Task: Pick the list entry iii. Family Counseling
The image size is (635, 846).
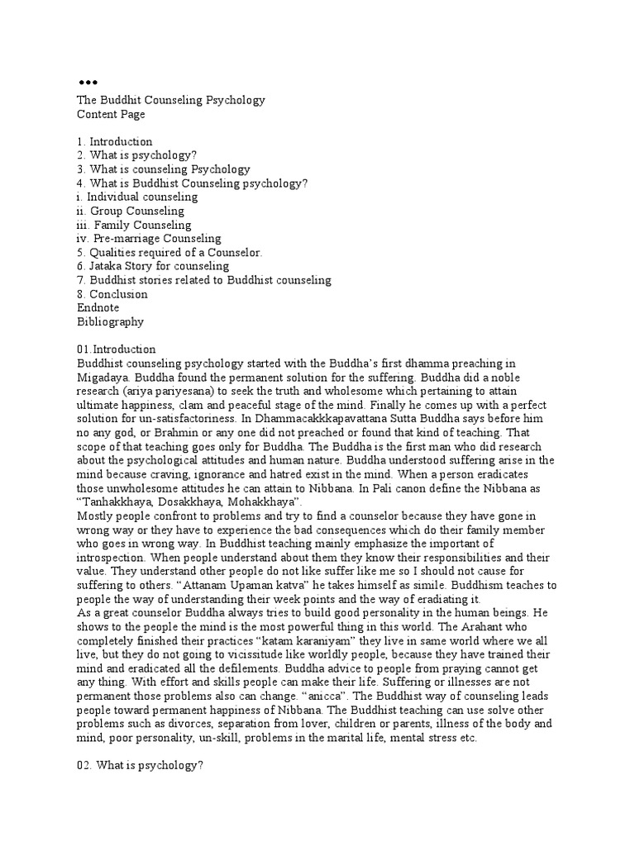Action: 133,225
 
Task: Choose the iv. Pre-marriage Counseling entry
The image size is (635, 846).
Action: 149,239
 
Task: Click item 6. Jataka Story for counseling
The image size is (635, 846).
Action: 153,266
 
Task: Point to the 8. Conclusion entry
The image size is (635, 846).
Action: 112,294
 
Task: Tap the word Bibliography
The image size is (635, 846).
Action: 110,321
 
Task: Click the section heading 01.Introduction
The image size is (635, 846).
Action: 116,349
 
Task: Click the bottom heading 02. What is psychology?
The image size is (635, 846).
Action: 140,766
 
